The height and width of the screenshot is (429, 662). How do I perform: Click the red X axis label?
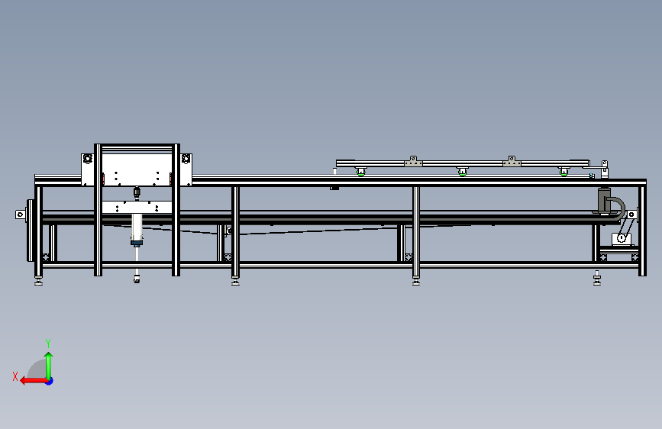coord(15,376)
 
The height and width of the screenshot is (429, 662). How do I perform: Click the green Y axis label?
coord(47,343)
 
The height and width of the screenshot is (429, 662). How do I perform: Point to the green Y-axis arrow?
coord(48,363)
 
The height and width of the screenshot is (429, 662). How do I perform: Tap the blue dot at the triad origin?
coord(49,380)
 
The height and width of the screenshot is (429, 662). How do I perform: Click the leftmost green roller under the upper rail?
coord(359,171)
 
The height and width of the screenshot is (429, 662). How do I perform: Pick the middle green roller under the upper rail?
coord(462,172)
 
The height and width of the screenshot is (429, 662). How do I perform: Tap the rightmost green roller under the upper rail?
coord(564,171)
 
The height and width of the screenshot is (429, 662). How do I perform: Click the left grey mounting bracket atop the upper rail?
coord(413,161)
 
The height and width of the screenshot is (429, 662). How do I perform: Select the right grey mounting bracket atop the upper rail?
coord(512,161)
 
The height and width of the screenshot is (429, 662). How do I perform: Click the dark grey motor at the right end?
coord(605,201)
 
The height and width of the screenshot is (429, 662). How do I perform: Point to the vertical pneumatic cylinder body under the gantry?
coord(137,227)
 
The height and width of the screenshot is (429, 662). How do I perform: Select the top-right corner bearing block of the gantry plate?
coord(186,159)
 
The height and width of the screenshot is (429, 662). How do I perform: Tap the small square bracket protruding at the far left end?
coord(21,214)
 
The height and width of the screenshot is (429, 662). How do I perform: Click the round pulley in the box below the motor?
coord(622,238)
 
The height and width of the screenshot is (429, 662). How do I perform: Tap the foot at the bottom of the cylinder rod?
coord(137,279)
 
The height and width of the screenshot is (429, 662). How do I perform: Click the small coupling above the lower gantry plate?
coord(137,192)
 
